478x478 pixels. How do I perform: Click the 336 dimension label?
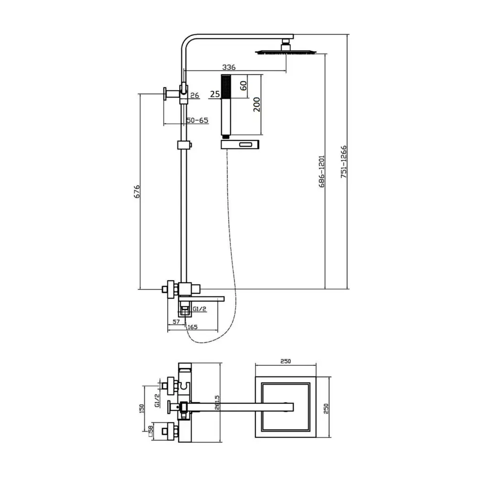point(228,67)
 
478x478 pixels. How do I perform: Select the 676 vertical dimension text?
point(137,192)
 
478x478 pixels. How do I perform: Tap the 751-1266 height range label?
point(344,162)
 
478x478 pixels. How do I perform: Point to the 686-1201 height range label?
point(322,171)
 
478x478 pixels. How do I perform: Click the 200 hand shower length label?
point(257,105)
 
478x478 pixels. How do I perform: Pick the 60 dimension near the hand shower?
point(243,86)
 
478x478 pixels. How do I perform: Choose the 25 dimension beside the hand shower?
point(215,94)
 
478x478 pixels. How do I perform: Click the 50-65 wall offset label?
point(197,120)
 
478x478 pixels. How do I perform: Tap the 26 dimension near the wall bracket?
point(195,96)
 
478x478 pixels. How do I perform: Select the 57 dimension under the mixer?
point(176,322)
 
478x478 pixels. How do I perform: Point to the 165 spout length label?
point(192,327)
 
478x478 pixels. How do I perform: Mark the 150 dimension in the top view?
point(141,409)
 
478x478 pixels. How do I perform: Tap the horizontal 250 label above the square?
point(286,361)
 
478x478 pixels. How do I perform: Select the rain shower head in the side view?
point(286,52)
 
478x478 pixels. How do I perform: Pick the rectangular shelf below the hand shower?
point(240,144)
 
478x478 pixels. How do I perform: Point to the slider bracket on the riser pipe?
point(184,145)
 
